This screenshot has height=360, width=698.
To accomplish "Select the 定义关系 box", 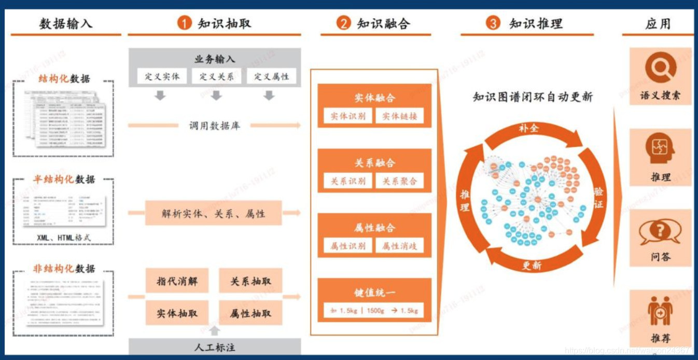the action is pos(216,77).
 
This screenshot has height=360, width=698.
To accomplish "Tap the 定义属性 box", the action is pos(271,77).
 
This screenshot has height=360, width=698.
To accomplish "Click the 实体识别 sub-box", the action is pos(348,116).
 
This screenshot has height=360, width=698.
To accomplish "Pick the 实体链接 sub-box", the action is pos(399,116).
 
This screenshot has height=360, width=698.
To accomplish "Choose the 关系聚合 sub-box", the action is pos(399,181).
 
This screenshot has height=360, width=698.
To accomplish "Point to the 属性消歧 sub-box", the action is pos(399,246).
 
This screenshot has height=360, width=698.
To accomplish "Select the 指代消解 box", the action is pos(177,282).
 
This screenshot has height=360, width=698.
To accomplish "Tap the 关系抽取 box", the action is pos(250,282).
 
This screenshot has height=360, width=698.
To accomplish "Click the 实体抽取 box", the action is pos(177,313).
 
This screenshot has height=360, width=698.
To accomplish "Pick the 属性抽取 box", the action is pos(250,313).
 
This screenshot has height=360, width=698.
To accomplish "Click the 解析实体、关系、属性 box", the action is pos(213,213).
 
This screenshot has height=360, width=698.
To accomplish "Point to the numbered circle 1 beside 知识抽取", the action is pos(184,23).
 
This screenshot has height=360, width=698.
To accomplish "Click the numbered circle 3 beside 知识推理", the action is pos(493,23).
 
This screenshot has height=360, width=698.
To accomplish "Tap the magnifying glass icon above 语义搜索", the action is pos(660,68).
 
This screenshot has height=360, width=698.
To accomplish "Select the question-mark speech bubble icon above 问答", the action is pos(660,232).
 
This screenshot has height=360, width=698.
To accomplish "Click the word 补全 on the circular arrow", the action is pos(528,128).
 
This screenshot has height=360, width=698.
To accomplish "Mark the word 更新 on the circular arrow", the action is pos(532,265).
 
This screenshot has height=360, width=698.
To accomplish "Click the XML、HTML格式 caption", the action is pos(64,238).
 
